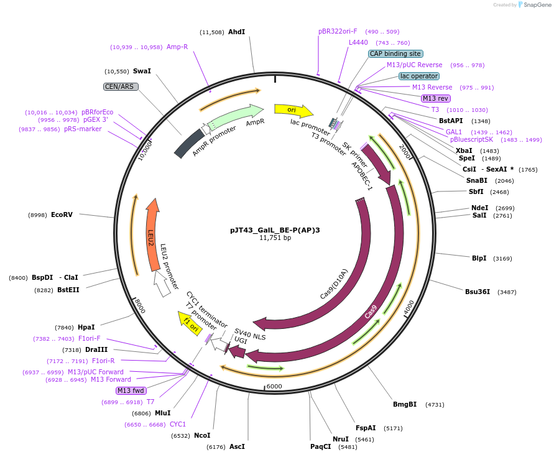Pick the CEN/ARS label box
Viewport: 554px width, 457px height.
point(121,86)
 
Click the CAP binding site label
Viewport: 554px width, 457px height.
point(395,53)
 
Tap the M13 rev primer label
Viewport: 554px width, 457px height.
point(436,98)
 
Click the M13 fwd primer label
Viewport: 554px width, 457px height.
point(131,390)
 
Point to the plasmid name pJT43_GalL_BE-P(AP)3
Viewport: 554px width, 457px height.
point(275,229)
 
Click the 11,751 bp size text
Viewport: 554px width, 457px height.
point(275,238)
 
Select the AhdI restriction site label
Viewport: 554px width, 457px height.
point(236,32)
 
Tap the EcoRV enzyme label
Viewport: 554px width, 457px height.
point(62,215)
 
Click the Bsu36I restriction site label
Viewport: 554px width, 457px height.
point(478,292)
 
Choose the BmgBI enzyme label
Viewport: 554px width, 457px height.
point(405,404)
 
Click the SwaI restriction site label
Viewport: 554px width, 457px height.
point(142,71)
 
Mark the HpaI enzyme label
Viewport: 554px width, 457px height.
point(86,327)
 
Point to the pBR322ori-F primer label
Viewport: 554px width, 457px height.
point(338,31)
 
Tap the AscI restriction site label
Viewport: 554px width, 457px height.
point(237,446)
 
